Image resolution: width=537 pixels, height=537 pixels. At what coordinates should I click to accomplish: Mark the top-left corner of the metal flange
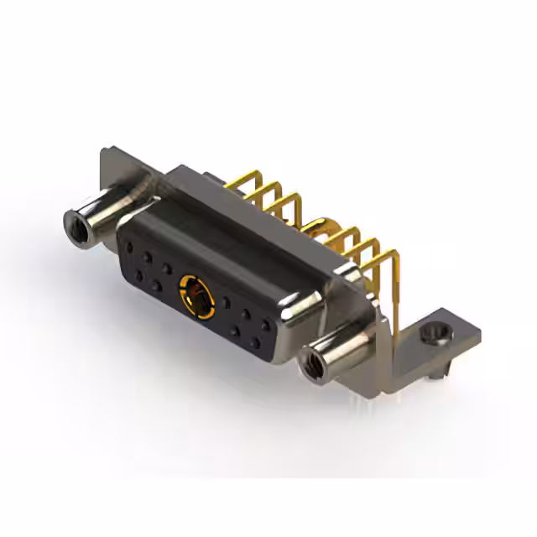(103, 152)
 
